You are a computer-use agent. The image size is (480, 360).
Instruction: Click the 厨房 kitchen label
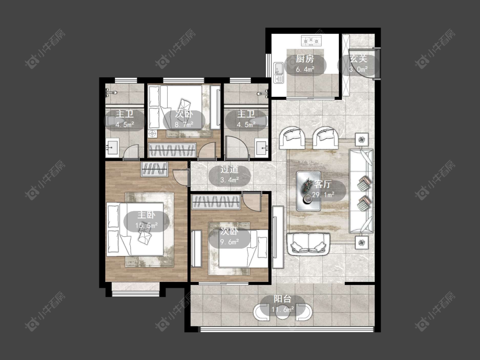coord(305,59)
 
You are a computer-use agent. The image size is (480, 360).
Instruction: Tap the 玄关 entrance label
coord(358,59)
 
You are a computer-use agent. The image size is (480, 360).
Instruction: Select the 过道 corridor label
coord(229,170)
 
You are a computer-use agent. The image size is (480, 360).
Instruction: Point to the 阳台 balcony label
coord(282,299)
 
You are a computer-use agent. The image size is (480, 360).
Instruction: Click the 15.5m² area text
coord(147,225)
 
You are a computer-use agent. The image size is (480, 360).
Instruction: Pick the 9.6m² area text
coord(230,242)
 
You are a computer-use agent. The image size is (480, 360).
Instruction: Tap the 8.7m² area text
coord(184,125)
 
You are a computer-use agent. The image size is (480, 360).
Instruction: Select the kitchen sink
coord(279,72)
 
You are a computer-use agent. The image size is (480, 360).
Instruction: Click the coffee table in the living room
coord(308,191)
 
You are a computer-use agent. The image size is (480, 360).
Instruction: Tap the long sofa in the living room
coord(361,192)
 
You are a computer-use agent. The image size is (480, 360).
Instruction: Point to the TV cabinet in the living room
coord(278,237)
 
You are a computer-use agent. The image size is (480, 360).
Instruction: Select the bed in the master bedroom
coord(135,229)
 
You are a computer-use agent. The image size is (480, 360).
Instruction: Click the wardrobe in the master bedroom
coord(154,169)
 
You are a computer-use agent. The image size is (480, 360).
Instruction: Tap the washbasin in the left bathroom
coord(112,148)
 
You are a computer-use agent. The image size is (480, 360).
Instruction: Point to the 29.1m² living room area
coord(323,195)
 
